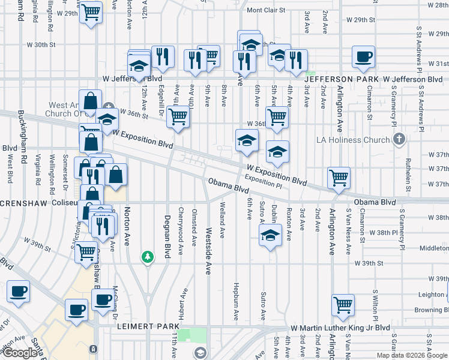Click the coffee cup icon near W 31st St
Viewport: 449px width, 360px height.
[363, 58]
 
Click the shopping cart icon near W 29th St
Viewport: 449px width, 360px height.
[91, 12]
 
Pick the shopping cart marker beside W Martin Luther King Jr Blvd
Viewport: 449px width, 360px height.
[343, 304]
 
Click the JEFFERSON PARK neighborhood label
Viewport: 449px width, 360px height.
[342, 79]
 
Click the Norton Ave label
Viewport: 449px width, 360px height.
[127, 227]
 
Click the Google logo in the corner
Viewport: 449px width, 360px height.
[20, 353]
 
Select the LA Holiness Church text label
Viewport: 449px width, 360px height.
[354, 140]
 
